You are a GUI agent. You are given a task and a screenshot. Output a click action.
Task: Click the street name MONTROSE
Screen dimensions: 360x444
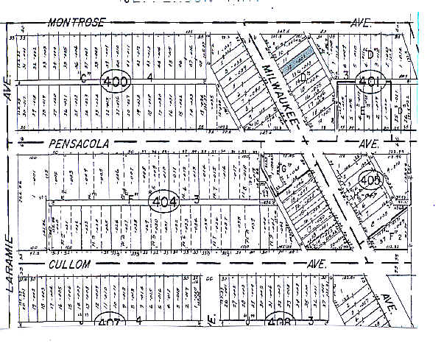77,22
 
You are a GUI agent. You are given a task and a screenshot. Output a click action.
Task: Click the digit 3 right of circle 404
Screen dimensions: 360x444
197,198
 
